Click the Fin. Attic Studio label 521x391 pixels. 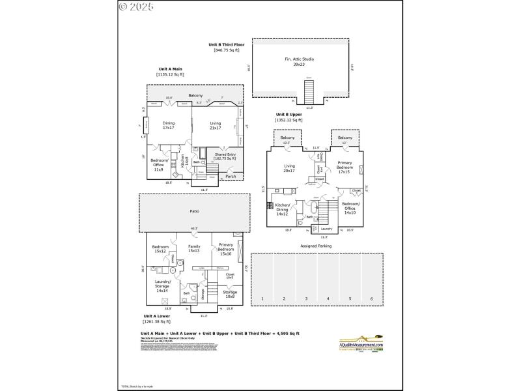click(300, 61)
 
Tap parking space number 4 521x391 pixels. click(328, 298)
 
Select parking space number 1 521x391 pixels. click(262, 298)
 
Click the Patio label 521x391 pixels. click(194, 211)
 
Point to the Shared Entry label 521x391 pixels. click(225, 156)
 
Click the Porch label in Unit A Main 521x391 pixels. click(231, 176)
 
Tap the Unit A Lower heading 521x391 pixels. click(156, 316)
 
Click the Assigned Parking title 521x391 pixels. click(316, 246)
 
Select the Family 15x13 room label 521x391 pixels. click(194, 249)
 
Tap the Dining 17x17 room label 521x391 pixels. click(169, 125)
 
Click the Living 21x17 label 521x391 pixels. click(216, 125)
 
